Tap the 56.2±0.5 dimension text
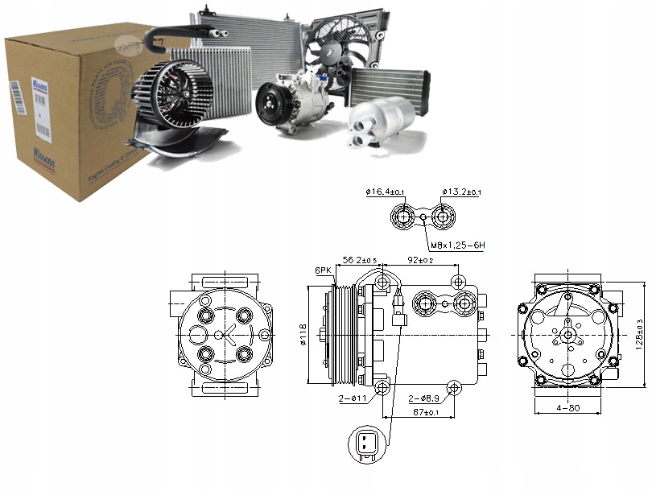pos(361,261)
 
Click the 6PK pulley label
pos(324,270)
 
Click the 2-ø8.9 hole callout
pos(423,398)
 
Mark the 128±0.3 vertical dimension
pos(638,334)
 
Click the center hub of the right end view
pos(568,333)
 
